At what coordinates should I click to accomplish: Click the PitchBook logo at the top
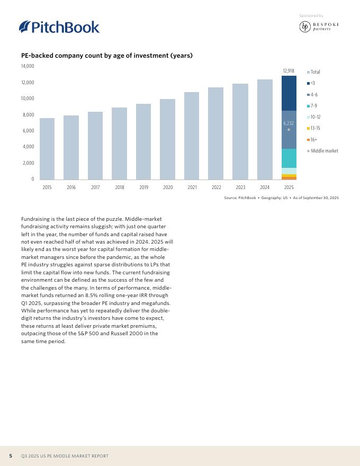(x=59, y=26)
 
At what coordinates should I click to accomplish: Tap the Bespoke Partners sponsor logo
(x=319, y=26)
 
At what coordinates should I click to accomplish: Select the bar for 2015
(x=47, y=149)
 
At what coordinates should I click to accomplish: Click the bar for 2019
(x=143, y=141)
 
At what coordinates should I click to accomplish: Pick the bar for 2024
(x=265, y=129)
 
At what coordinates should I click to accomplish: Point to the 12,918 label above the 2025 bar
(x=289, y=70)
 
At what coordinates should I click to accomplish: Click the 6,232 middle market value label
(x=289, y=123)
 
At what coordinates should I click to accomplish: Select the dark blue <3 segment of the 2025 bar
(x=289, y=93)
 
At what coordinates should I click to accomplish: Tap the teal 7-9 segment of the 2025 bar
(x=289, y=158)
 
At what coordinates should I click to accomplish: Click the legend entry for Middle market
(x=324, y=151)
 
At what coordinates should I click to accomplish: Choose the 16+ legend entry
(x=314, y=140)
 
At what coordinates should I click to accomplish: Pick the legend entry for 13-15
(x=315, y=128)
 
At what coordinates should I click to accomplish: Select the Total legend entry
(x=315, y=72)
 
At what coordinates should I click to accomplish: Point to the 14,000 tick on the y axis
(x=28, y=66)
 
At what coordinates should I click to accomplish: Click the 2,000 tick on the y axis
(x=29, y=163)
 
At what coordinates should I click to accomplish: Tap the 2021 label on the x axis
(x=192, y=187)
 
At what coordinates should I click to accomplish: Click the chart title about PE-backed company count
(x=107, y=56)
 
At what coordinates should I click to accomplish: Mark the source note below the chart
(x=281, y=198)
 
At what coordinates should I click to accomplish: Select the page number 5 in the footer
(x=11, y=456)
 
